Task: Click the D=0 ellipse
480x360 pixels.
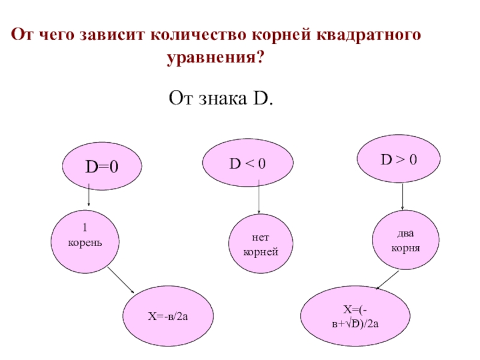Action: click(101, 167)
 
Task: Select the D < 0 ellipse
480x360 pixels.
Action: click(247, 163)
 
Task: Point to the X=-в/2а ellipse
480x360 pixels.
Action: click(168, 315)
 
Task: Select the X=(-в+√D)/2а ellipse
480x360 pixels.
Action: click(355, 317)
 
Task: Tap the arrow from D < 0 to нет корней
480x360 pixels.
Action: click(259, 199)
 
